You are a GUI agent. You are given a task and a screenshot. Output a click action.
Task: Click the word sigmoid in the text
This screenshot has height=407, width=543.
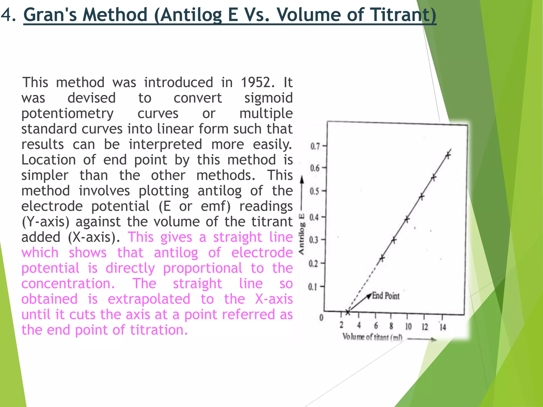point(268,98)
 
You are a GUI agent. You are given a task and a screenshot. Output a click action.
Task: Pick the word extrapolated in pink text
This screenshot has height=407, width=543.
point(149,299)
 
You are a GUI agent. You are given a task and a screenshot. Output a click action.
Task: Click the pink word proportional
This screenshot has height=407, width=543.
point(203,268)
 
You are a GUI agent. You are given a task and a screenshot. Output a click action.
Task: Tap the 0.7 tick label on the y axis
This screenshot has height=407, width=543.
point(315,146)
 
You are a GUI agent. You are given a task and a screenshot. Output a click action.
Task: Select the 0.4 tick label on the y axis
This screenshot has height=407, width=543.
point(314,218)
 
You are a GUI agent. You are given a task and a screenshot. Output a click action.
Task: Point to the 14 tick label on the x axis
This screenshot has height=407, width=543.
point(443,328)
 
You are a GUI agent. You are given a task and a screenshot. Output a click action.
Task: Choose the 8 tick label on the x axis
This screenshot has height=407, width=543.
point(391,326)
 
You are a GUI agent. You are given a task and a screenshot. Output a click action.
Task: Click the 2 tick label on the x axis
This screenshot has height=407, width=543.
point(341,325)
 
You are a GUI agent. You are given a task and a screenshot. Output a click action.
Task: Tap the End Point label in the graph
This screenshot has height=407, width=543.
point(386,296)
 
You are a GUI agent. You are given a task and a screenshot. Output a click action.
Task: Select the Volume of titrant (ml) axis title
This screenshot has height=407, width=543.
point(372,337)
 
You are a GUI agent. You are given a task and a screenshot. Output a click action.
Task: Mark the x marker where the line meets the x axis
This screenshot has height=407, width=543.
point(348,312)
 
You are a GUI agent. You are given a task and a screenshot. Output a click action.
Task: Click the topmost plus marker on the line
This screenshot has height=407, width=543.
point(448,155)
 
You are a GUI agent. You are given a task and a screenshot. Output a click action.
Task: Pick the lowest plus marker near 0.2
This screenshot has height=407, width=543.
point(382,258)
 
